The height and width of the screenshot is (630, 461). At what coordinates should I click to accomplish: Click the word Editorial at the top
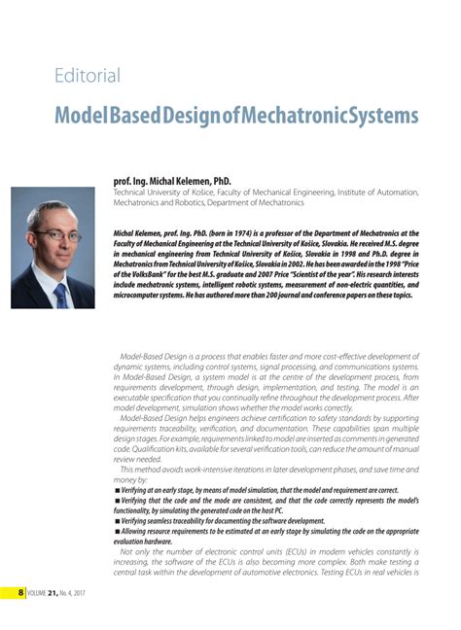(88, 75)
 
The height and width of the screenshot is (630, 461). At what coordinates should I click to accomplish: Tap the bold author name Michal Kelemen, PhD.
(172, 180)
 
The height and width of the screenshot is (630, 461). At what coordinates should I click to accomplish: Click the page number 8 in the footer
(20, 593)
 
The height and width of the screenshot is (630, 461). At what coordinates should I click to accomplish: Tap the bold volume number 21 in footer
(56, 593)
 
